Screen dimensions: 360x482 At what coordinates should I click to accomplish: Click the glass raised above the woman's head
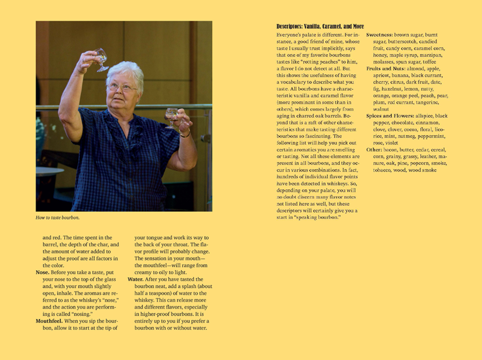pos(101,59)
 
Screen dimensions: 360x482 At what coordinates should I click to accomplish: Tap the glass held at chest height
pos(171,117)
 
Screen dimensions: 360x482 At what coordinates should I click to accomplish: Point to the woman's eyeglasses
pos(121,87)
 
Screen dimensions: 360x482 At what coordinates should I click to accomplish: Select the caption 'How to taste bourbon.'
pos(57,218)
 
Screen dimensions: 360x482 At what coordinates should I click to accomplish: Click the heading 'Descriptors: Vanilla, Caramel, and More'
pos(320,27)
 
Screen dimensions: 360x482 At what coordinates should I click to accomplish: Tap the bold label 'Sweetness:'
pos(379,35)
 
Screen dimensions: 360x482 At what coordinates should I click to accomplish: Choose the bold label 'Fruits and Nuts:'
pos(386,69)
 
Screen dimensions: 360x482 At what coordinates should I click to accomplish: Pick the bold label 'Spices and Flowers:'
pos(389,116)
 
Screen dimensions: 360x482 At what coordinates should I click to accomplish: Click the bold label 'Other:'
pos(374,150)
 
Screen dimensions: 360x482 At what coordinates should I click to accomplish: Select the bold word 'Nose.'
pos(42,272)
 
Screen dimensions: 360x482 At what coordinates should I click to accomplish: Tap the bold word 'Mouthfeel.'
pos(50,321)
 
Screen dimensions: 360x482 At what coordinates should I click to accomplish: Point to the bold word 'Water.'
pos(137,280)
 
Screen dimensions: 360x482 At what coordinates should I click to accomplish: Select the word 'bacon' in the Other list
pos(391,150)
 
